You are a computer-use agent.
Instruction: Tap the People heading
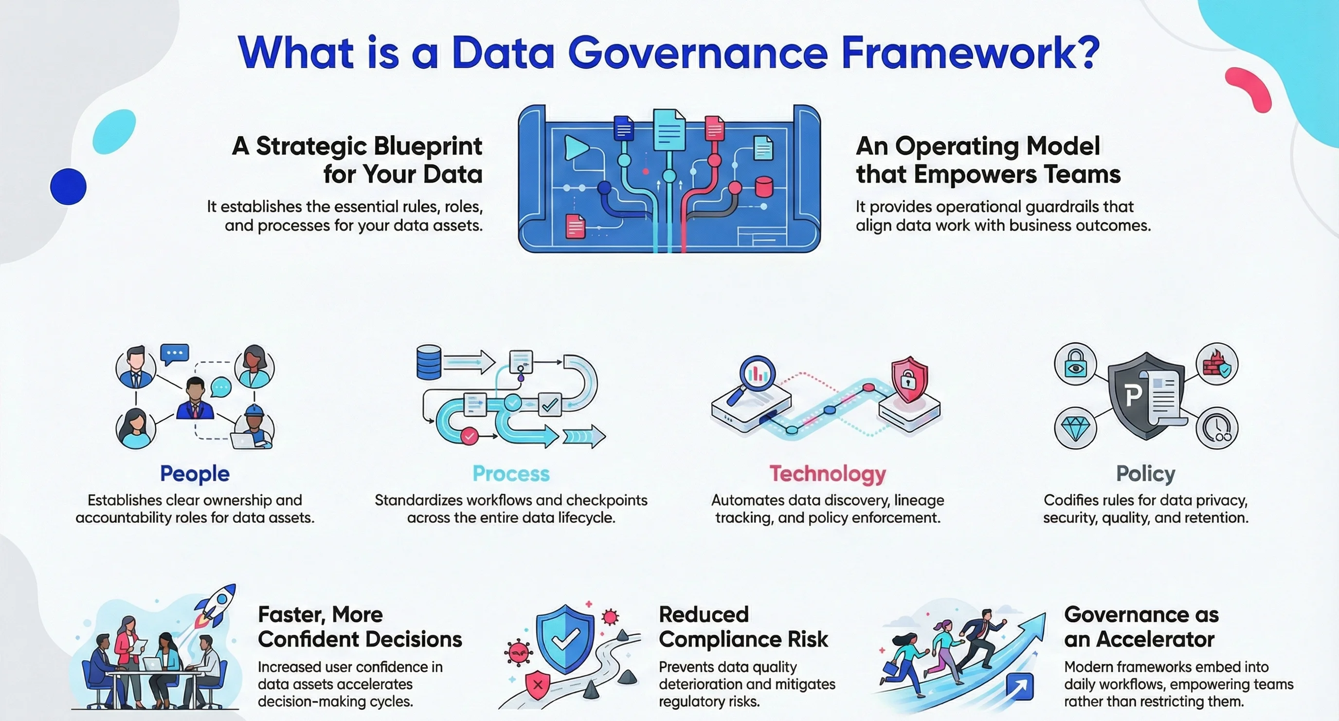[195, 473]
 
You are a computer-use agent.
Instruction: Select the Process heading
[511, 473]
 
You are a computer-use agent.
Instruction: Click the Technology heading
[828, 473]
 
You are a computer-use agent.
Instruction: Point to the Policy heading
[1146, 473]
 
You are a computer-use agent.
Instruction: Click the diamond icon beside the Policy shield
[1075, 428]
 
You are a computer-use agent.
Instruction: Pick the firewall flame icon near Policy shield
[1217, 364]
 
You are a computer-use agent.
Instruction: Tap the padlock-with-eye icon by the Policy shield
[1075, 364]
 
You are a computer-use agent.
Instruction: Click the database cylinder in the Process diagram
[429, 362]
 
